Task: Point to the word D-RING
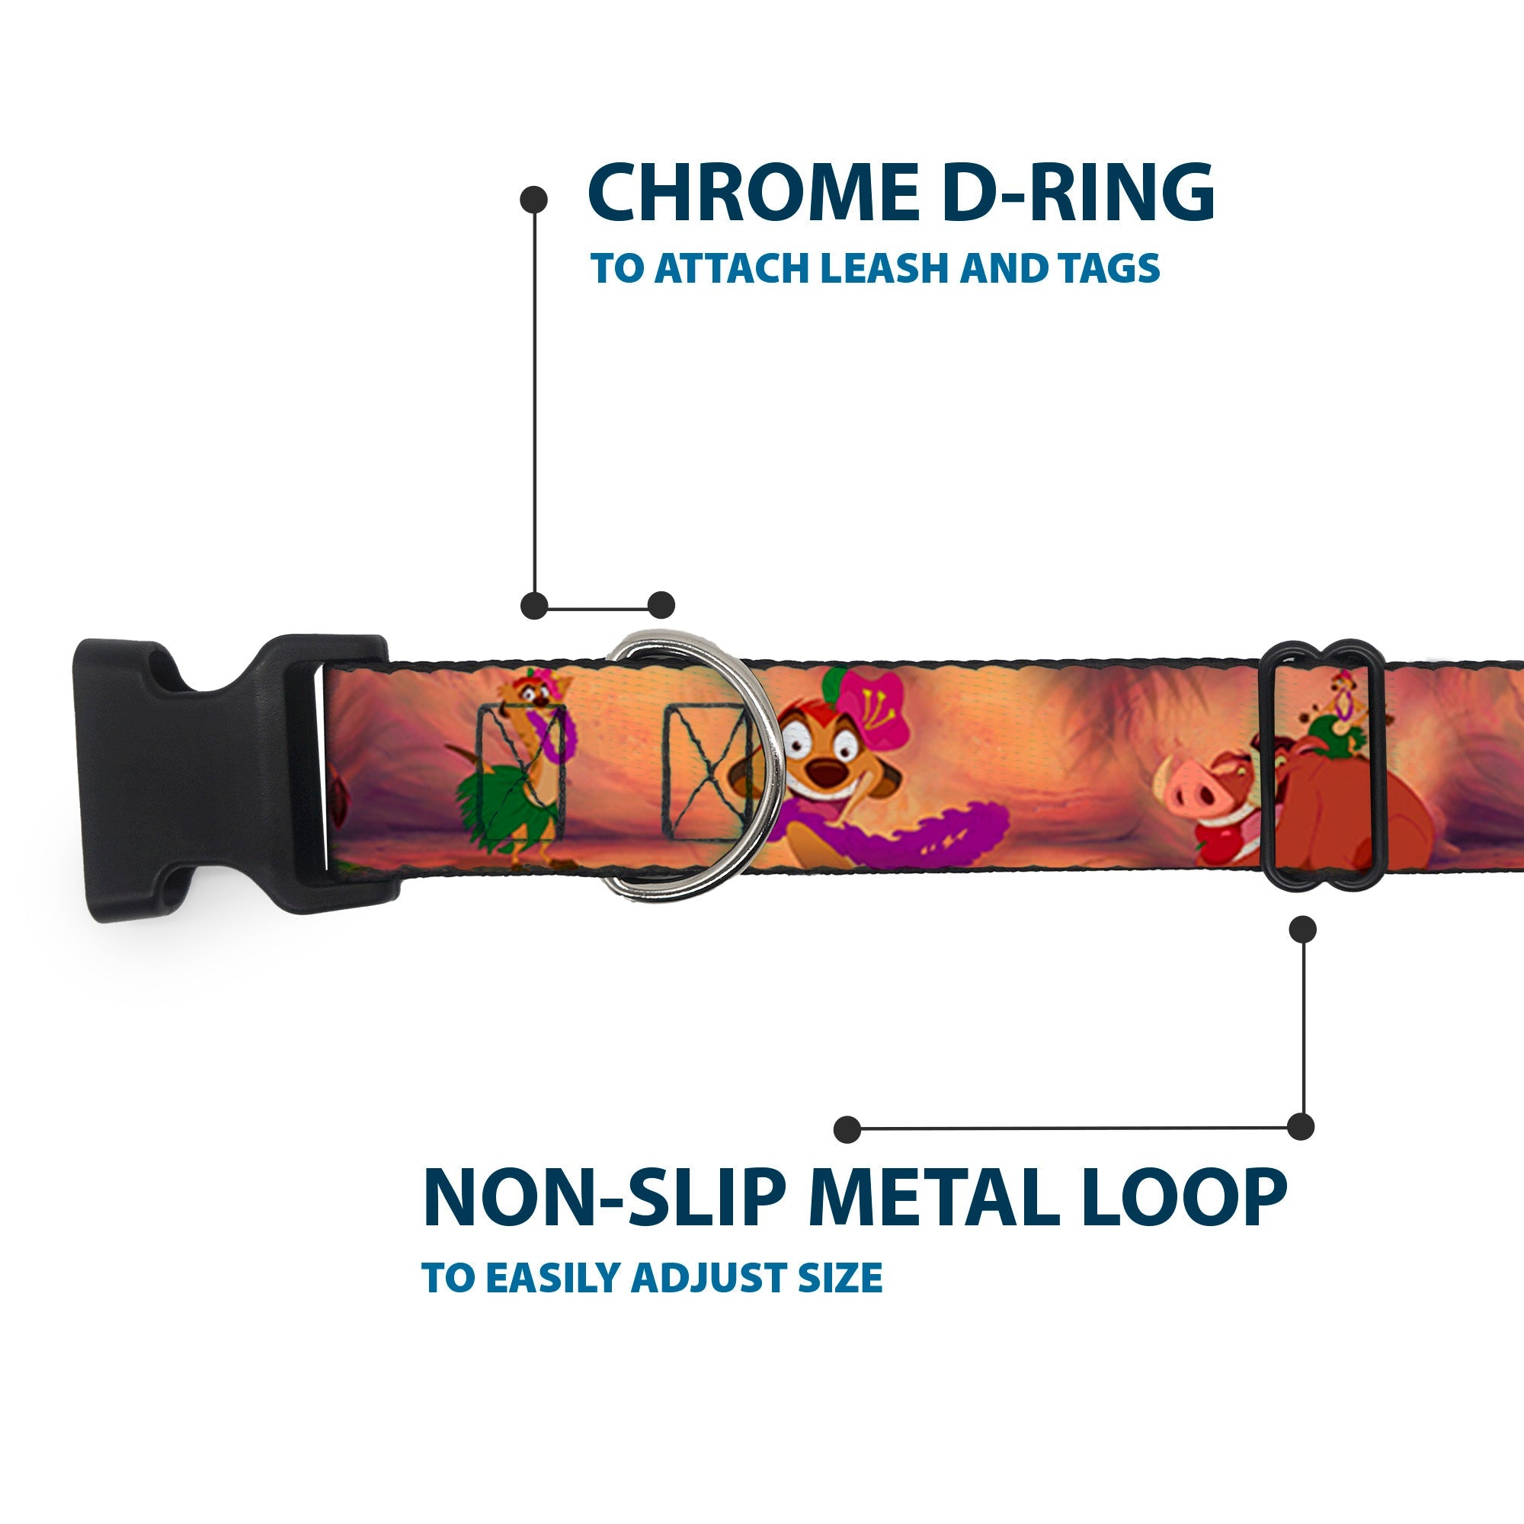pyautogui.click(x=1077, y=194)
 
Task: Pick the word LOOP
pyautogui.click(x=1183, y=1197)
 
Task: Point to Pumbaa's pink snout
pyautogui.click(x=1183, y=791)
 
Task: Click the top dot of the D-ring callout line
pyautogui.click(x=534, y=199)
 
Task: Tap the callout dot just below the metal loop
pyautogui.click(x=1302, y=929)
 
